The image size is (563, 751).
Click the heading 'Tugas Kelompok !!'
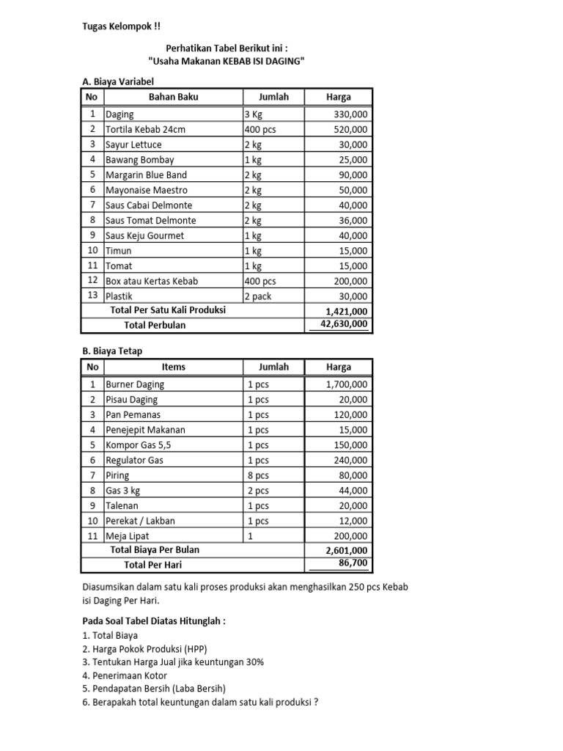point(120,27)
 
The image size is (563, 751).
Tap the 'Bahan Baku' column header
point(173,97)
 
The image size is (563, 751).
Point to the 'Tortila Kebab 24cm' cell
point(145,129)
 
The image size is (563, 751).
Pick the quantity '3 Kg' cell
point(254,114)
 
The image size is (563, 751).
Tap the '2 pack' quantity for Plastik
point(259,296)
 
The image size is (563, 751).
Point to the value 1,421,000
point(347,310)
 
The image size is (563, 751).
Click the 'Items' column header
point(173,367)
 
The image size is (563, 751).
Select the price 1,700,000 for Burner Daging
point(347,384)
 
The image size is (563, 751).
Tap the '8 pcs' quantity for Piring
point(257,475)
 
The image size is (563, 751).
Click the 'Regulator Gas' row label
point(134,460)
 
